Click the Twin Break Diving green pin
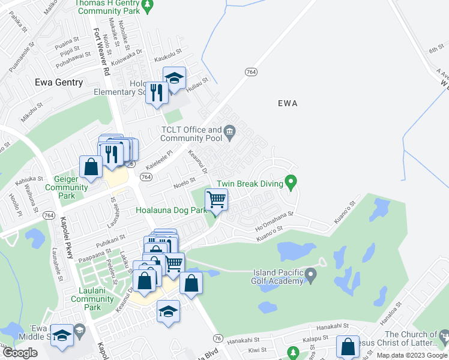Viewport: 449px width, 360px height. coord(291,181)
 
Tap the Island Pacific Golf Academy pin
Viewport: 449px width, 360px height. coord(310,275)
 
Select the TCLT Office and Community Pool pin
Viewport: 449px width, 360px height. coord(229,131)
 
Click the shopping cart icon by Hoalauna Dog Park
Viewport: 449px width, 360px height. coord(216,199)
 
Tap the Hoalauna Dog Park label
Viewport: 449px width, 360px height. coord(171,211)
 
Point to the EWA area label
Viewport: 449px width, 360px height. coord(288,103)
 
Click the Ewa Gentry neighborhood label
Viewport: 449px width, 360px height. coord(59,82)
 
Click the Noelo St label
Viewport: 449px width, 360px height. coord(184,180)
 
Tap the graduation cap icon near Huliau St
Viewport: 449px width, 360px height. coord(174,79)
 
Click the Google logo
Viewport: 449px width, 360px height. coord(20,353)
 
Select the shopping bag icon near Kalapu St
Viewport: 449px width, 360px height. coord(348,347)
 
